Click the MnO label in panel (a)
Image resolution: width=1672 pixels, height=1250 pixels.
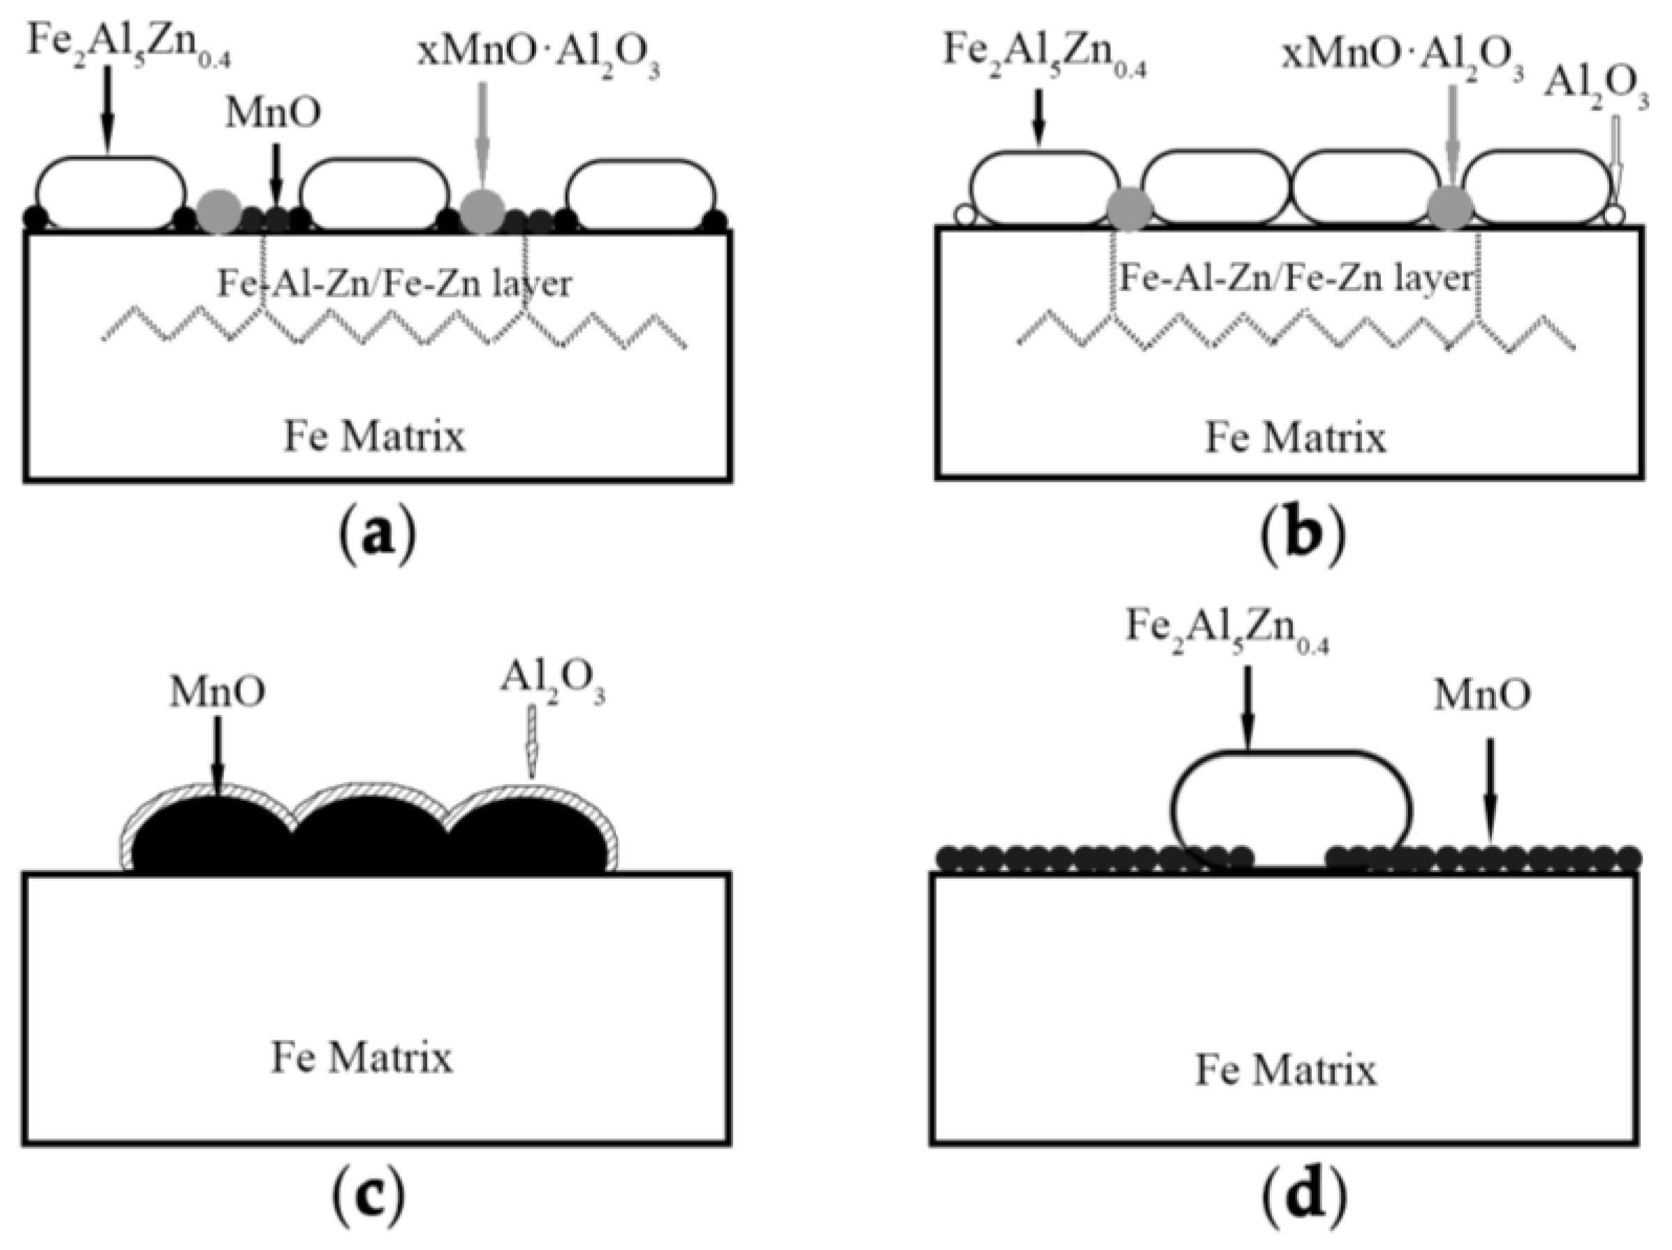point(273,113)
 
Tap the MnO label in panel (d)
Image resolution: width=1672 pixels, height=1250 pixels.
point(1482,694)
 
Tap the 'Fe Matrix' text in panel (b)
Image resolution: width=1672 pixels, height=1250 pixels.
point(1296,438)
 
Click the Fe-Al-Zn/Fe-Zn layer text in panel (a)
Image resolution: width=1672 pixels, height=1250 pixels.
point(394,284)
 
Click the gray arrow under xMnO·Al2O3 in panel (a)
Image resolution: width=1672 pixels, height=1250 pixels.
point(482,136)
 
